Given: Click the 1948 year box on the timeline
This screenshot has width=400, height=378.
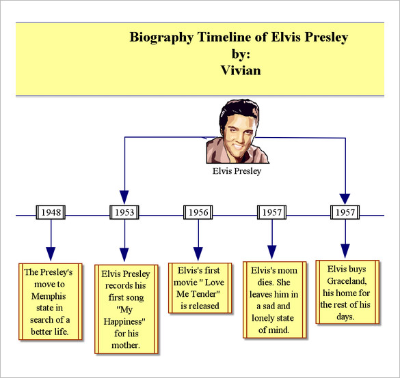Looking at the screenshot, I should [51, 212].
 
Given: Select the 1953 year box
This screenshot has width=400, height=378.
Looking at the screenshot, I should [124, 212].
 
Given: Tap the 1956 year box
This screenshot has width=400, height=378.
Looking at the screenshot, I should [198, 212].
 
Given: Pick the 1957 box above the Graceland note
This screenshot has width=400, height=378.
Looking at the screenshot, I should [345, 212].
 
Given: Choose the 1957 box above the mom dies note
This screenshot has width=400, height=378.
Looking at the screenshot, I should [271, 212].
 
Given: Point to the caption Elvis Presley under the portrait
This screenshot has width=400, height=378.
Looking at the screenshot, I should [237, 171].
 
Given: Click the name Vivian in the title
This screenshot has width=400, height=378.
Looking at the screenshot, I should [241, 69].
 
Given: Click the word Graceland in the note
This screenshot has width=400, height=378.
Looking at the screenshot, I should [347, 281].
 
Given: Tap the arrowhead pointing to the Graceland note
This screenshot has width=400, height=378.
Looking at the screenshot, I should [345, 250].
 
